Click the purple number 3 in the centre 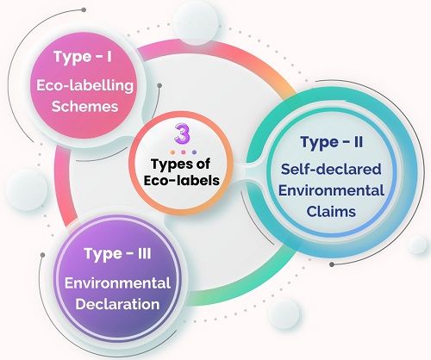[x=182, y=133]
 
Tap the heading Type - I [x=83, y=57]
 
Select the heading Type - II [x=332, y=143]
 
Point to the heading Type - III [x=117, y=254]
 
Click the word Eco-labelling [x=84, y=85]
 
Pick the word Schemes [x=84, y=107]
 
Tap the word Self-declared [x=331, y=169]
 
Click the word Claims [x=331, y=212]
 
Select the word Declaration [x=117, y=304]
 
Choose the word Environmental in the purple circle [x=117, y=283]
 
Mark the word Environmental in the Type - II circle [x=331, y=190]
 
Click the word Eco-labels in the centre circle [x=182, y=181]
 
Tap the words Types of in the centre [x=181, y=164]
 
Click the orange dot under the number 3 [x=172, y=152]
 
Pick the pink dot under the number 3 [x=184, y=152]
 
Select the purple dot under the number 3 [x=194, y=152]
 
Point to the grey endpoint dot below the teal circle [x=332, y=264]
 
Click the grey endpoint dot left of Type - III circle [x=43, y=255]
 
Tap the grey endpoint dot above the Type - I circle [x=84, y=9]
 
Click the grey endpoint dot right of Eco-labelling [x=159, y=85]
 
